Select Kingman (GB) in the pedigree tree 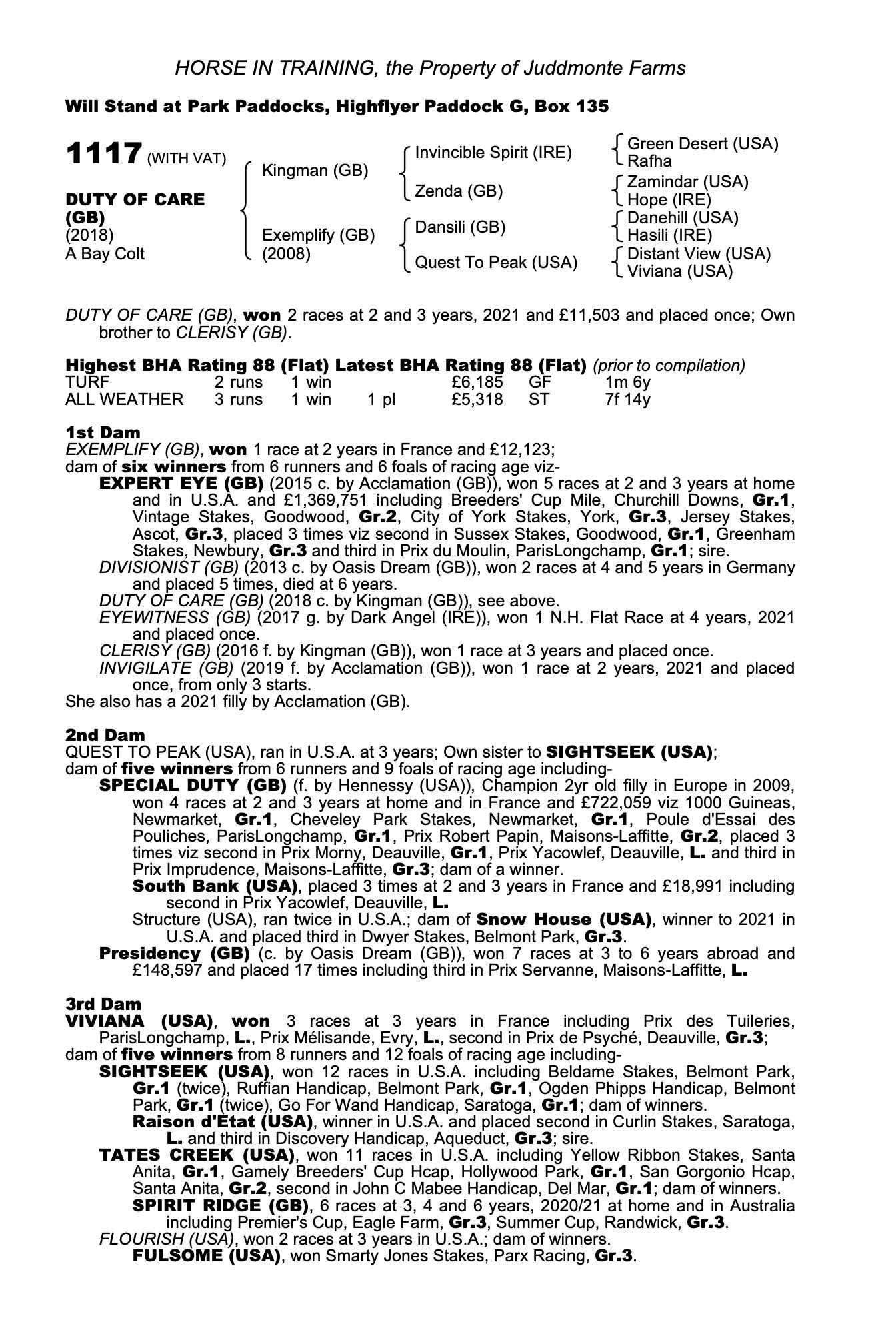click(315, 171)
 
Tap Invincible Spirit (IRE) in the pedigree click(493, 153)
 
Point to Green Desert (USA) click(703, 144)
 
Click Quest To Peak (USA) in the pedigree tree click(496, 263)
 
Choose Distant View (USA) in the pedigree click(699, 254)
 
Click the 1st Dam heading click(103, 433)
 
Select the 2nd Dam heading click(105, 736)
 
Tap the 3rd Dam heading click(103, 1004)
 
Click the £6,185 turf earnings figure click(477, 383)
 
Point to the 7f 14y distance click(627, 400)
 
